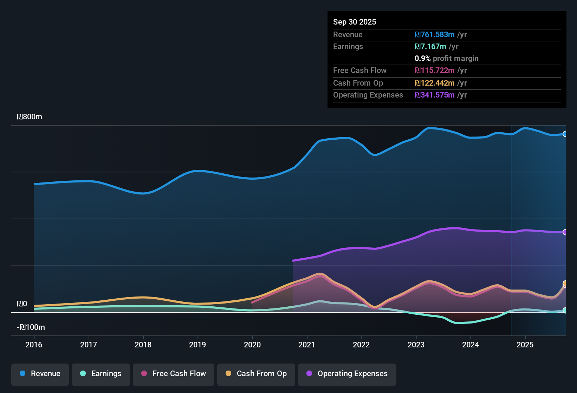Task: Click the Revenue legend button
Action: (40, 374)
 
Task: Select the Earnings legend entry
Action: (101, 374)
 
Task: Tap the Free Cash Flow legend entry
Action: (174, 374)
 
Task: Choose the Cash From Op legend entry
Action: (256, 374)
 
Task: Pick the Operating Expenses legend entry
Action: (347, 374)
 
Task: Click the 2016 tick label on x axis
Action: (34, 345)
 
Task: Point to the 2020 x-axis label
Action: (252, 345)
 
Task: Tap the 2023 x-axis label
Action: (416, 345)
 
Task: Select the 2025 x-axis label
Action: (525, 345)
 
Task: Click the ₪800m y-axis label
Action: (30, 117)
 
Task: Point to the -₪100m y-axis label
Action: (31, 327)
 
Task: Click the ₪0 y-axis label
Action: (22, 304)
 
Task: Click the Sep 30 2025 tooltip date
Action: (355, 22)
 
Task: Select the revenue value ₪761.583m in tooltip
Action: (435, 35)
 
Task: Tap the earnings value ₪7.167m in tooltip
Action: (430, 47)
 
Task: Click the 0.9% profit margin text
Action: (447, 59)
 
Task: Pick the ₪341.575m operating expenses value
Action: (435, 95)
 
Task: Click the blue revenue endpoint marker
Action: (565, 134)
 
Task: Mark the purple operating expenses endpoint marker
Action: (565, 232)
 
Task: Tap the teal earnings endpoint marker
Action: (565, 310)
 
